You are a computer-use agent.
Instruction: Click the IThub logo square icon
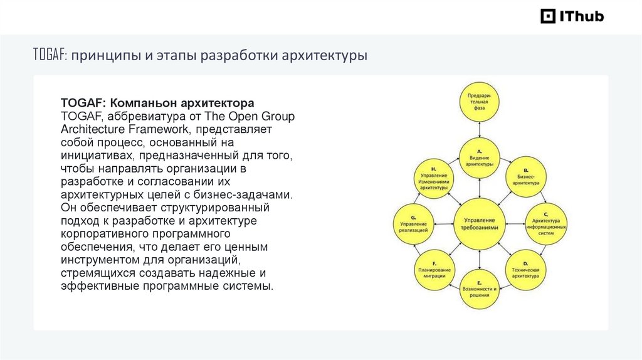[x=549, y=16]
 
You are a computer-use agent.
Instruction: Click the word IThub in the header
[x=582, y=16]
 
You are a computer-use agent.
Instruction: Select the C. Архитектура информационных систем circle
[x=545, y=222]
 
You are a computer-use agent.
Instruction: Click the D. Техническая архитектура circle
[x=525, y=268]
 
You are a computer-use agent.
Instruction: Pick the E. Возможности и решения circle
[x=480, y=287]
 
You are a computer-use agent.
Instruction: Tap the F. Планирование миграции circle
[x=434, y=268]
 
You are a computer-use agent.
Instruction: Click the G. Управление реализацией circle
[x=414, y=222]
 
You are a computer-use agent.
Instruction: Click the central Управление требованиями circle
[x=480, y=222]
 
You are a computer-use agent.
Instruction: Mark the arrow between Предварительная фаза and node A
[x=480, y=129]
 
